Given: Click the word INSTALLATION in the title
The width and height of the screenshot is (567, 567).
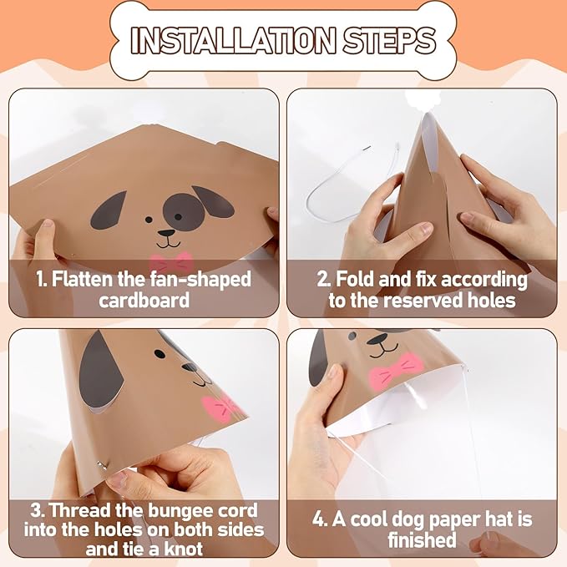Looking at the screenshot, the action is [233, 40].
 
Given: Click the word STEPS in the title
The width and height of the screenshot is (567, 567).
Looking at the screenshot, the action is [389, 40].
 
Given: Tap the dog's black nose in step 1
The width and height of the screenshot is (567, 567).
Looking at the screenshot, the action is [167, 233].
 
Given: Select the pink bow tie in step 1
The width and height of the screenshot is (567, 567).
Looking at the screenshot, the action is [171, 262].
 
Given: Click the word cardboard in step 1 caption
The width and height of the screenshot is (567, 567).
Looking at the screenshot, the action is [144, 300].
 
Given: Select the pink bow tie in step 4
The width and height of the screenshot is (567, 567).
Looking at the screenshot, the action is [395, 371].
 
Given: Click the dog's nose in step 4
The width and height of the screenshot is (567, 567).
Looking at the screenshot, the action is [377, 339].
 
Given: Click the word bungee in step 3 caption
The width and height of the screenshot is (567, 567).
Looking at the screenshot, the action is [180, 511].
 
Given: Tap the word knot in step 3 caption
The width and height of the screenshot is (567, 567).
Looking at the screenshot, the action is [184, 549].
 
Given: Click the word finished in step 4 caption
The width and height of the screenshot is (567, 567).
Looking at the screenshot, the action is [422, 540].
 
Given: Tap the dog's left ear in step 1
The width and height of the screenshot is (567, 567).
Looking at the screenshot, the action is [108, 210].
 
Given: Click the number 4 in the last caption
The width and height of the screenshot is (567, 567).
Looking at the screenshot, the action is [319, 519].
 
